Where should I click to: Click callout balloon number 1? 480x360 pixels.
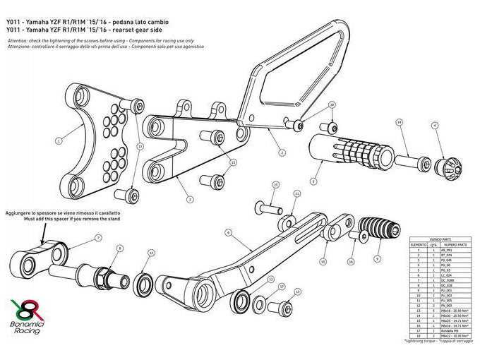click(59, 140)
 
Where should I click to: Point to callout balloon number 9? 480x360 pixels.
click(377, 258)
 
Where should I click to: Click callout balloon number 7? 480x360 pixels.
click(98, 238)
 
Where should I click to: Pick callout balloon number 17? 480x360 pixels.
click(281, 287)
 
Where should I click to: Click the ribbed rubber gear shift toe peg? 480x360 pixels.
click(374, 230)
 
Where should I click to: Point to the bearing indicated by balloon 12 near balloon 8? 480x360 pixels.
click(143, 283)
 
